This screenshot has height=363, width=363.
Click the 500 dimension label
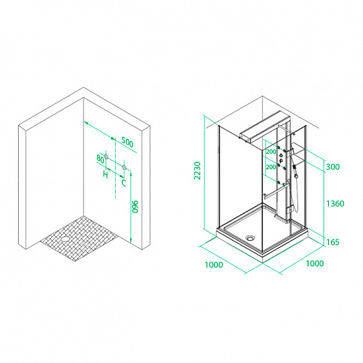tap(128, 142)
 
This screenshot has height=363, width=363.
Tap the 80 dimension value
tap(100, 159)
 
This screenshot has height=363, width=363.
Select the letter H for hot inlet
tap(106, 174)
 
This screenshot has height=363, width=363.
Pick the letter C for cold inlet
tap(124, 183)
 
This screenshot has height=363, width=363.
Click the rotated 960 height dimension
tap(134, 207)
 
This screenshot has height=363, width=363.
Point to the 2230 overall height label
tap(197, 170)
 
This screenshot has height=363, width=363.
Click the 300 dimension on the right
tap(333, 166)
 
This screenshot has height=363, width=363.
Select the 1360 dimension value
tap(335, 203)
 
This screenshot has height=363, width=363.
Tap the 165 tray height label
tap(333, 242)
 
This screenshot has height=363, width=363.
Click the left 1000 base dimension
tap(214, 265)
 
